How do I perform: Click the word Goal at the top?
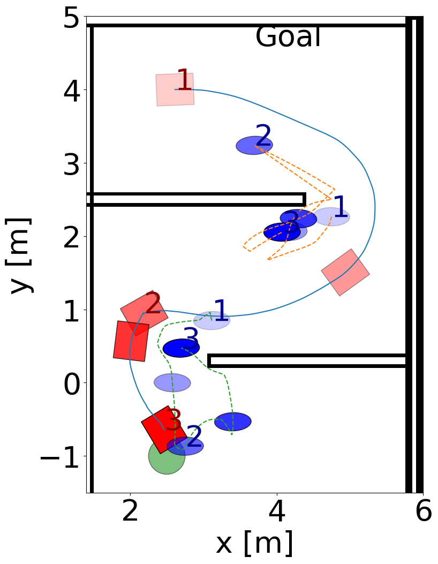[x=288, y=37]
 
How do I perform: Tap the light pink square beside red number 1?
[x=175, y=89]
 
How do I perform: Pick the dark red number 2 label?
[x=153, y=304]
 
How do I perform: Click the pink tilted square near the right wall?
[x=345, y=272]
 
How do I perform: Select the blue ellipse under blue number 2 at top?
[x=254, y=145]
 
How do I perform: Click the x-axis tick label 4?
[x=277, y=512]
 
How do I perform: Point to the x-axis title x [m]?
[x=254, y=543]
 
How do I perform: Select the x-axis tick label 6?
[x=423, y=512]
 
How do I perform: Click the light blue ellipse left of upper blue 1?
[x=331, y=216]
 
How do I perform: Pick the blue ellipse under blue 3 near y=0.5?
[x=181, y=348]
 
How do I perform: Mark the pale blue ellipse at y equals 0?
[x=172, y=382]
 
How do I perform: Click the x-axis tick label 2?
[x=130, y=512]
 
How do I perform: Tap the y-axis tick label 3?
[x=73, y=164]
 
